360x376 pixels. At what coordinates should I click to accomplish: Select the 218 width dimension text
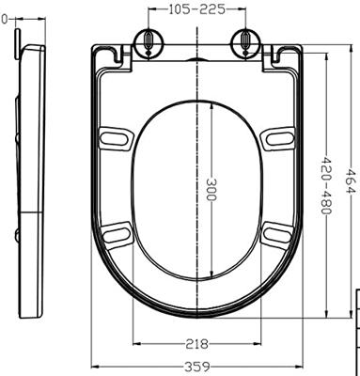pos(196,344)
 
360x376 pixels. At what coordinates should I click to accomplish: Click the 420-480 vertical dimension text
pos(326,184)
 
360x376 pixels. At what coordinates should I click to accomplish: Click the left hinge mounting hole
pos(149,41)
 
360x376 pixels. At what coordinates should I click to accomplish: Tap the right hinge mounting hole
pos(243,41)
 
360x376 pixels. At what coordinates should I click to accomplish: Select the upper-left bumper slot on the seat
pos(115,137)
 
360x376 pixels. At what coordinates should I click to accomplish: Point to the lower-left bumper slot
pos(117,232)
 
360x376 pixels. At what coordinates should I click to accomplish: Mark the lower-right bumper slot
pos(274,232)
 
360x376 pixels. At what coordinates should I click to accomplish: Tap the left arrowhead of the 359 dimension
pos(95,365)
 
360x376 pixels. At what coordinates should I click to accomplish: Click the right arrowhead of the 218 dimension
pos(258,344)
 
